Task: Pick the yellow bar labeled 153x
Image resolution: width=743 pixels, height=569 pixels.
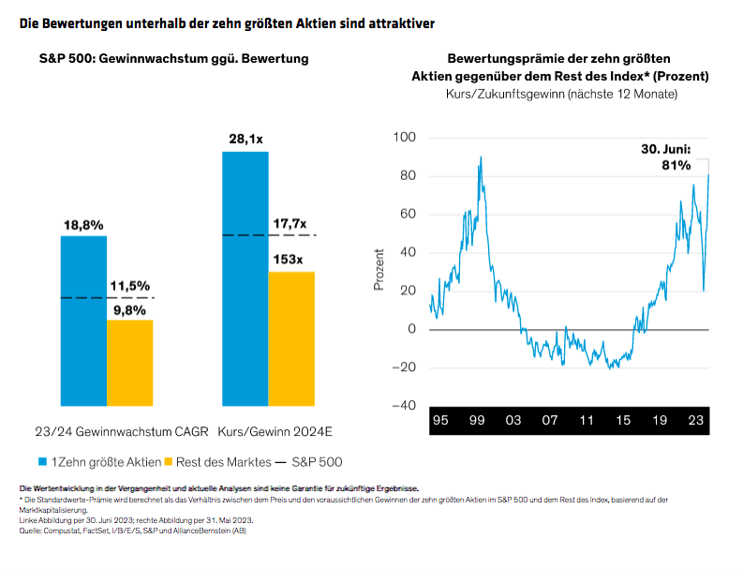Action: pyautogui.click(x=291, y=338)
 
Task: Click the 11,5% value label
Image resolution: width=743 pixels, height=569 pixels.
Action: pyautogui.click(x=129, y=286)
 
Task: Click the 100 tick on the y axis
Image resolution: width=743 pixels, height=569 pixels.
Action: pyautogui.click(x=403, y=138)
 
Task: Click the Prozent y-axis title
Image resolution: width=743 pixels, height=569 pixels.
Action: pyautogui.click(x=379, y=269)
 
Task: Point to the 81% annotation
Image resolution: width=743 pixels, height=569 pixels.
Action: pyautogui.click(x=676, y=165)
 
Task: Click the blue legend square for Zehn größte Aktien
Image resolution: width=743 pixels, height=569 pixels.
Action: pyautogui.click(x=43, y=462)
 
